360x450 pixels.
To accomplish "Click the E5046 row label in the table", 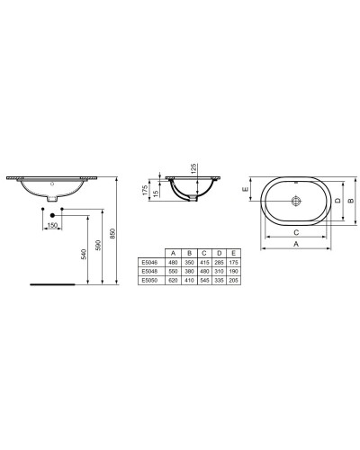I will pyautogui.click(x=149, y=262).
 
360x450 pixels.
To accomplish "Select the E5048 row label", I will pyautogui.click(x=149, y=271).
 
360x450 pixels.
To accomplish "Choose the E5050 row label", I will pyautogui.click(x=149, y=280).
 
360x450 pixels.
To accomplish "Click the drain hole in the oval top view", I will pyautogui.click(x=295, y=202).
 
